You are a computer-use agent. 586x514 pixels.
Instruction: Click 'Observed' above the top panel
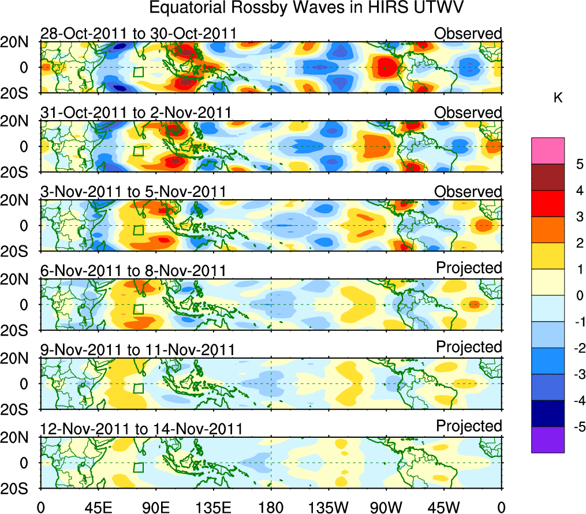point(468,33)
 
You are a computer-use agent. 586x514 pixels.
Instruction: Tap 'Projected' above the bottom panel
point(469,426)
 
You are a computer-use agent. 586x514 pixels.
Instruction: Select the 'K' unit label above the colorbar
point(558,98)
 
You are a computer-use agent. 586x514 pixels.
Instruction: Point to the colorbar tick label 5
point(578,164)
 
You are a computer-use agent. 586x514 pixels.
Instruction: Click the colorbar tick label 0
point(578,296)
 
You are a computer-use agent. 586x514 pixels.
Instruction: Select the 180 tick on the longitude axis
point(271,507)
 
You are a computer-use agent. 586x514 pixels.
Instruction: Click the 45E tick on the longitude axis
point(98,507)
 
